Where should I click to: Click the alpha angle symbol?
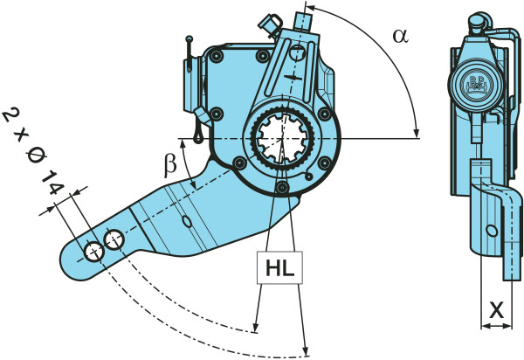click(400, 36)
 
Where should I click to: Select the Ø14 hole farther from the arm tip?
click(114, 239)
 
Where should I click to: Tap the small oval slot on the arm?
click(186, 222)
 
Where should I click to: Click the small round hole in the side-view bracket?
click(493, 231)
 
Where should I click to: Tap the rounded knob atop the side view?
click(479, 21)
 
